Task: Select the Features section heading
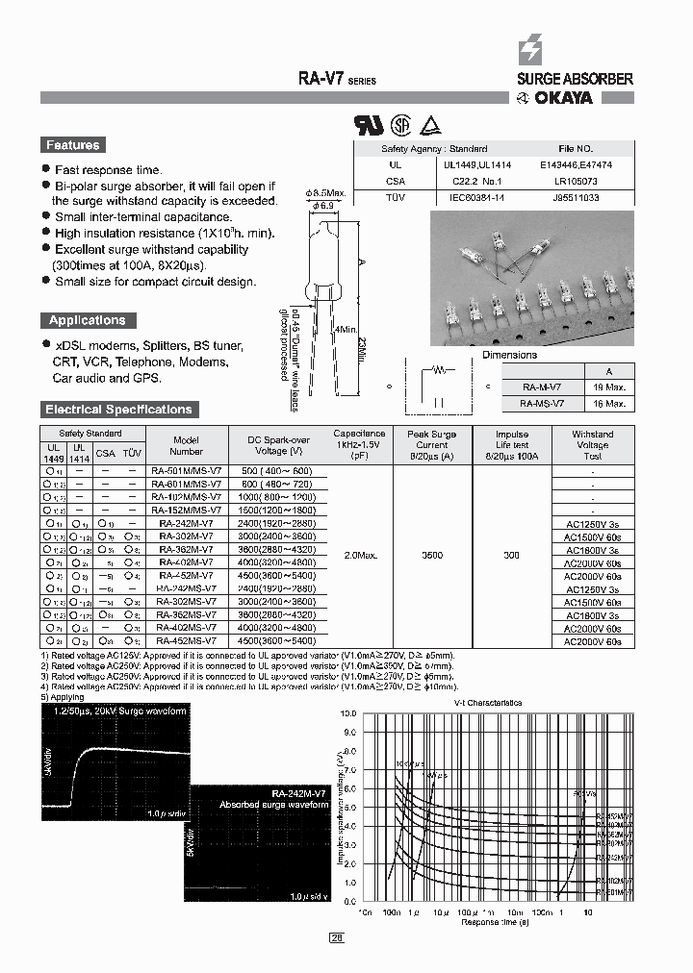73,145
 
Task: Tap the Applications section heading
88,320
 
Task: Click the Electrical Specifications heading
118,410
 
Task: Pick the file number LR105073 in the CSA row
577,181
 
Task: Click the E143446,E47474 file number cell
577,164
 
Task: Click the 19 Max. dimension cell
615,387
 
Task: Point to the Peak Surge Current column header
432,445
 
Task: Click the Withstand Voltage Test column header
592,445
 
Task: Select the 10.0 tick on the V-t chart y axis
349,713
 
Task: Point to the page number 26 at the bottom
337,937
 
